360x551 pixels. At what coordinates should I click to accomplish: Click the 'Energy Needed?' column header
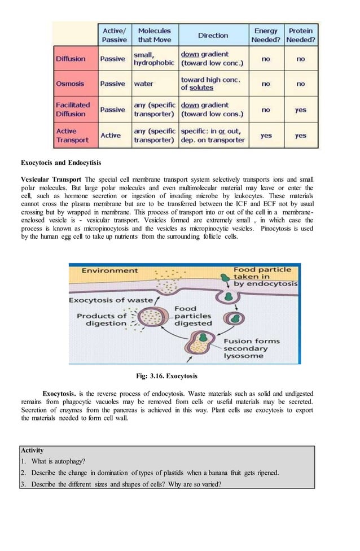266,35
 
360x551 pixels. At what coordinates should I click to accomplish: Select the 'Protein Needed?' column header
301,35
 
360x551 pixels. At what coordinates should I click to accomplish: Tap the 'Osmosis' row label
70,84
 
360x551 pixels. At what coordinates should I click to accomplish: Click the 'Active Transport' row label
72,135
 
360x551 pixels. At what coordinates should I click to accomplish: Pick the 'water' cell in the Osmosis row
143,84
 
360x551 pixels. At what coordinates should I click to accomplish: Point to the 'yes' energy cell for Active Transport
266,135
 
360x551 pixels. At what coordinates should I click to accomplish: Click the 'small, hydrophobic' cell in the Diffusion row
153,59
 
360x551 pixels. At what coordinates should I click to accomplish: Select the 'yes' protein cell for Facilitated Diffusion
301,110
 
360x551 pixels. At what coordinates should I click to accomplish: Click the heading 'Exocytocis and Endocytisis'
61,163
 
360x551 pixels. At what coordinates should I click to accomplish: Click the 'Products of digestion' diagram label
102,320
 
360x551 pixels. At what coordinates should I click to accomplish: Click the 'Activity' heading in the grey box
32,451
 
